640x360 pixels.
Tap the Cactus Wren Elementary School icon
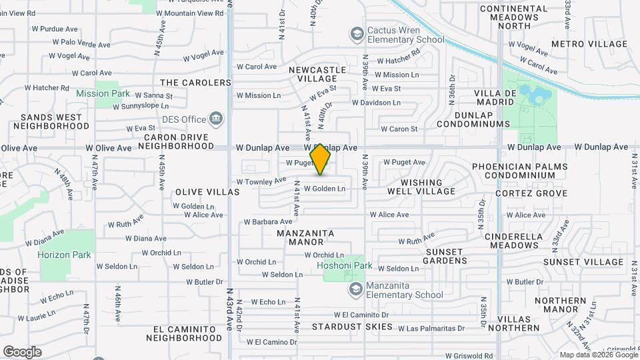[x=357, y=33]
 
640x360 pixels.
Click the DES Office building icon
[x=215, y=119]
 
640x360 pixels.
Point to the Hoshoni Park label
[x=344, y=265]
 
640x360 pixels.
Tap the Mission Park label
[x=102, y=94]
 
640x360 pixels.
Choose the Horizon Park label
[x=64, y=255]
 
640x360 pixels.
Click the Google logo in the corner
[x=22, y=352]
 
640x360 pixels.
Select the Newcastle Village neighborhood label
[x=317, y=74]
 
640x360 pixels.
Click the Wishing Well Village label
[x=427, y=187]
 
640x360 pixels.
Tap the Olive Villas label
[x=207, y=192]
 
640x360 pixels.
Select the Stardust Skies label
[x=353, y=327]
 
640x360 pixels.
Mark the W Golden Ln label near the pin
[x=325, y=189]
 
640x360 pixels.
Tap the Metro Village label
[x=589, y=44]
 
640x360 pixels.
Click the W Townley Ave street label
[x=261, y=181]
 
